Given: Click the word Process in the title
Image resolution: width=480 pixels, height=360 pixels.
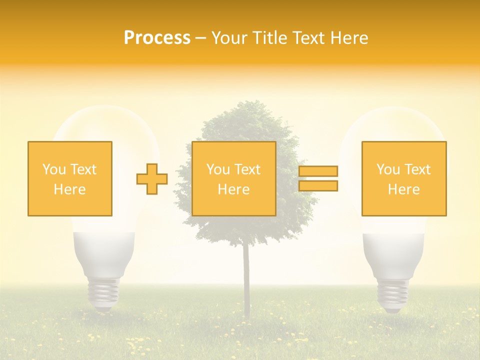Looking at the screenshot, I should click(x=157, y=38).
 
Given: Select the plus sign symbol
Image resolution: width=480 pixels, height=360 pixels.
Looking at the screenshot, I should click(x=152, y=179).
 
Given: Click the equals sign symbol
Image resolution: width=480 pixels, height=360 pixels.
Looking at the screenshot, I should click(x=318, y=178).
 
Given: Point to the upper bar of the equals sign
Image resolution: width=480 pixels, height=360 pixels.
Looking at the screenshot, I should click(x=318, y=171).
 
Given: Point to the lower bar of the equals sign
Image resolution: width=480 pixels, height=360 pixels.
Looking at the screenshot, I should click(x=318, y=186).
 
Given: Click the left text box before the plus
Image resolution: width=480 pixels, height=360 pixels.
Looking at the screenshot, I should click(x=70, y=178).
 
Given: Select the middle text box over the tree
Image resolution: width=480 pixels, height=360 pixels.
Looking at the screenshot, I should click(x=233, y=178).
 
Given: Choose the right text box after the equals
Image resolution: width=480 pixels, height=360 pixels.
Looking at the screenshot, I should click(x=404, y=178).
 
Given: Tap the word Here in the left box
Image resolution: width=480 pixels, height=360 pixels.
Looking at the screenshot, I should click(x=69, y=189).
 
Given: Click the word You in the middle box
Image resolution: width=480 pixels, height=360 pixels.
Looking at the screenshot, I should click(x=218, y=169).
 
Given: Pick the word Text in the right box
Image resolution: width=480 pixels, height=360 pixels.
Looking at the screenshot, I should click(x=417, y=169).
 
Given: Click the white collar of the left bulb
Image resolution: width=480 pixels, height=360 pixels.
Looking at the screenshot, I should click(x=104, y=252).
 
